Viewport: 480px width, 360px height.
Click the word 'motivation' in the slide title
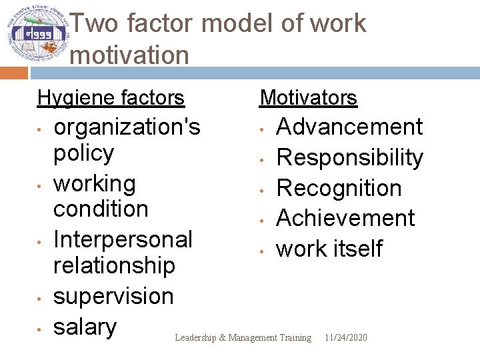point(129,55)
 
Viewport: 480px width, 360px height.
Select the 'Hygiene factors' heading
point(111,98)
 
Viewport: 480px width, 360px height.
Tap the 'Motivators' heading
point(309,98)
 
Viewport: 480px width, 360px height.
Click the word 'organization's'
point(127,127)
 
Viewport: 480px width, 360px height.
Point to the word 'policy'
point(83,153)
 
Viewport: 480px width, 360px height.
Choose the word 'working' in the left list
point(94,183)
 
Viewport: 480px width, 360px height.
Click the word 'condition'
point(101,209)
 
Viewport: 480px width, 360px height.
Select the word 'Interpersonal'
point(123,239)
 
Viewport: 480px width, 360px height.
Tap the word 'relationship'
point(114,265)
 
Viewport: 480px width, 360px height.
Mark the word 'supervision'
point(113,296)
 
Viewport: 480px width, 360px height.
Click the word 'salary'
point(85,327)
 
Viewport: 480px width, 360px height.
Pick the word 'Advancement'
point(349,127)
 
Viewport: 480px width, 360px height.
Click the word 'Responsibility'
point(349,157)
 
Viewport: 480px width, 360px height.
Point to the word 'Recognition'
point(339,188)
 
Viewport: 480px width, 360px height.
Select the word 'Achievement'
point(345,218)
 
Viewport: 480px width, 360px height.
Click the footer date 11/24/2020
point(345,338)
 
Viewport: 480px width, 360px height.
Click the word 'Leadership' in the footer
point(195,338)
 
